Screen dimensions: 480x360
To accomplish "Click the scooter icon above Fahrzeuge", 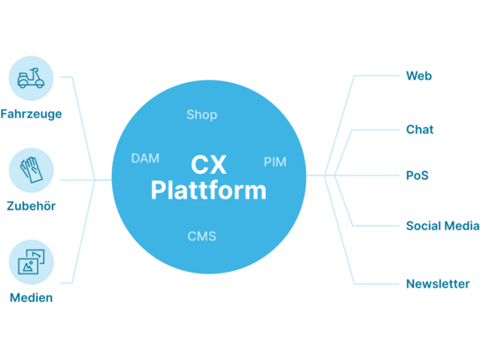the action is [x=31, y=79].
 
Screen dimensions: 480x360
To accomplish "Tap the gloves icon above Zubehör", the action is [x=31, y=170].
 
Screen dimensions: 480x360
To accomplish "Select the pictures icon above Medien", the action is [x=31, y=262].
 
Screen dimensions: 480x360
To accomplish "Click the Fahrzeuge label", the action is [x=31, y=114].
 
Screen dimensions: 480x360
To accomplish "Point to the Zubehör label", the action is [x=31, y=206].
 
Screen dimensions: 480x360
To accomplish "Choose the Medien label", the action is [x=31, y=297].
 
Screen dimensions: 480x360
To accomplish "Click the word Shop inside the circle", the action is [x=202, y=115].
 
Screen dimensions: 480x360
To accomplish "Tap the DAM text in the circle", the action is [x=145, y=158].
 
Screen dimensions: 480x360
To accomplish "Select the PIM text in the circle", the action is [x=275, y=162].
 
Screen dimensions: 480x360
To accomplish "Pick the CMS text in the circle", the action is [x=202, y=236].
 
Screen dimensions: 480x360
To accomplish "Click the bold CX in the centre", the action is [x=209, y=165].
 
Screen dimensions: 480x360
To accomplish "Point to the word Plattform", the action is [x=208, y=190].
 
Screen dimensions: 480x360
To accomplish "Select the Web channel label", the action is [x=419, y=76].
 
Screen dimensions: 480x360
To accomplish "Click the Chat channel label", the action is [x=420, y=130].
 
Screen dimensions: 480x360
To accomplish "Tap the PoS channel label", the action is [x=417, y=176].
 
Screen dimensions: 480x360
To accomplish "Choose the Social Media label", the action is [x=443, y=226].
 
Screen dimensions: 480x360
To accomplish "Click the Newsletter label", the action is [x=438, y=284].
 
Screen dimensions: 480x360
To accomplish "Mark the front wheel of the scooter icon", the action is [x=40, y=83].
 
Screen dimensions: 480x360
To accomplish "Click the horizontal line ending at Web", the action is [x=376, y=76].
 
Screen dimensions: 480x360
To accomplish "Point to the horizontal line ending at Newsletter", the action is [x=376, y=284].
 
